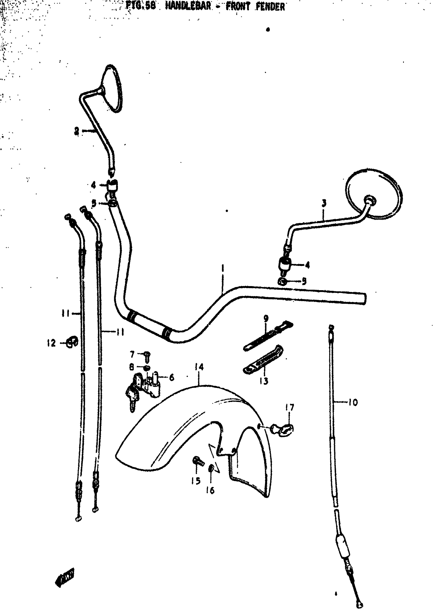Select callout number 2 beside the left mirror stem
click(77, 131)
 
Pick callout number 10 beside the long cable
click(353, 402)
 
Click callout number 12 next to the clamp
click(51, 343)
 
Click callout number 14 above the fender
click(199, 367)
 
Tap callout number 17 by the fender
click(290, 407)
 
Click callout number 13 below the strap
click(263, 381)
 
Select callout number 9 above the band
click(266, 318)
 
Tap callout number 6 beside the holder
click(172, 377)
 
